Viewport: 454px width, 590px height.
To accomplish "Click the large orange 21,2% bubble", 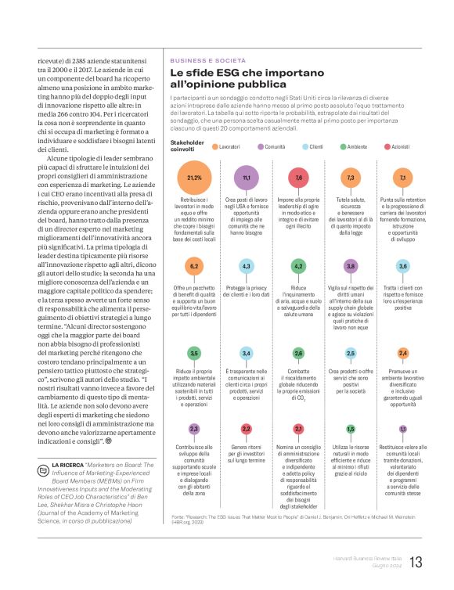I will pos(193,178).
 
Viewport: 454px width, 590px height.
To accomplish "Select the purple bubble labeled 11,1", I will pos(247,178).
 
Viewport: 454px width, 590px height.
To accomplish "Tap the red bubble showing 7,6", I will pos(299,178).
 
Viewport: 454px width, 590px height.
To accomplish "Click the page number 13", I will pos(416,562).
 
